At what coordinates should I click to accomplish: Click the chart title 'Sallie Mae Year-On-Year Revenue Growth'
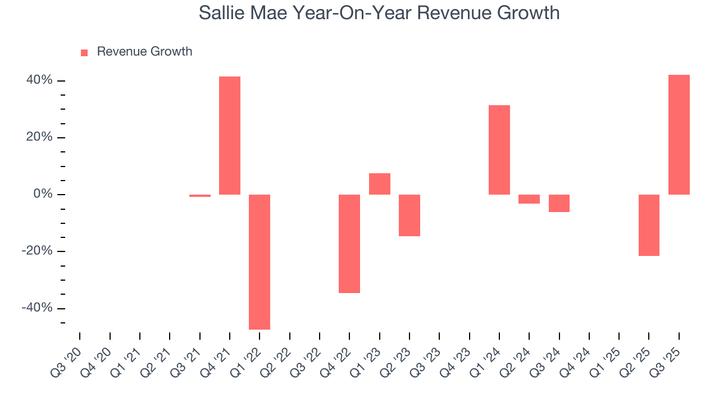[379, 12]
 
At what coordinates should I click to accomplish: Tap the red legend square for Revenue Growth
[84, 52]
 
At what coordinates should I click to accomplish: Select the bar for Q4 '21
[230, 135]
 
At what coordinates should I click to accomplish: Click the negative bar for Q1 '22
[260, 262]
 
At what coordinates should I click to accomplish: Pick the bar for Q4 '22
[349, 244]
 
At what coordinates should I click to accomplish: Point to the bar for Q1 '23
[380, 184]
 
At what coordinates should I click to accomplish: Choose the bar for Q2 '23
[409, 215]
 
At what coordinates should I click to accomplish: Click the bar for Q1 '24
[499, 150]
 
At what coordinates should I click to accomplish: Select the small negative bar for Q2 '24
[529, 199]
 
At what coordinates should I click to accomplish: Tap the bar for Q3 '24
[559, 203]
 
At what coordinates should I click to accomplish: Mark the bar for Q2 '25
[649, 225]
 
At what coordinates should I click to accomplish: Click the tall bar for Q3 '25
[679, 134]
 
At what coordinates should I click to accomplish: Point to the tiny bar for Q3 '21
[200, 196]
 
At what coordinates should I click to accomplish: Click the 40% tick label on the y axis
[39, 80]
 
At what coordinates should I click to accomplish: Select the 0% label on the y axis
[43, 194]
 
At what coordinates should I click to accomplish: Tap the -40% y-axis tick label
[37, 308]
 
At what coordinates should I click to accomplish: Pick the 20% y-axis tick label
[39, 137]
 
